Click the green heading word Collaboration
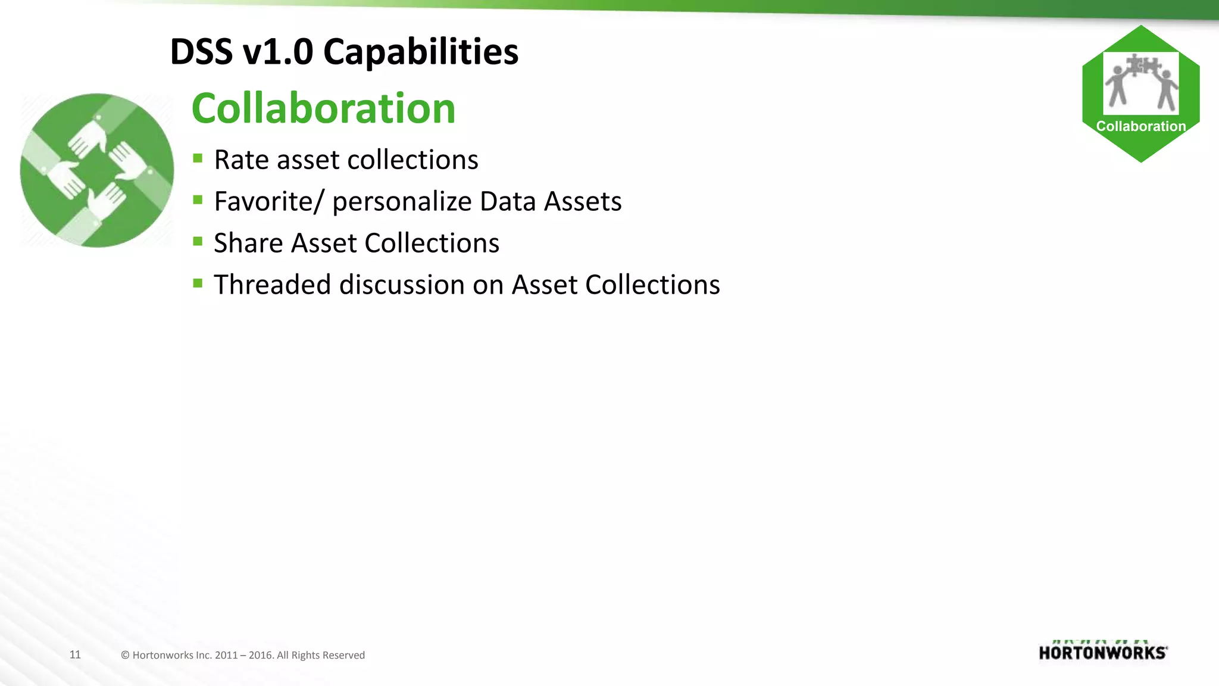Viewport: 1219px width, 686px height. pos(323,108)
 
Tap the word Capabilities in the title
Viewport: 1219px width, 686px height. pos(420,52)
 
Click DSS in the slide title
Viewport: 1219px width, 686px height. pos(201,52)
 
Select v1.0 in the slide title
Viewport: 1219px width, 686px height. pos(278,52)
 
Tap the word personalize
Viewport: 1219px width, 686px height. pos(402,201)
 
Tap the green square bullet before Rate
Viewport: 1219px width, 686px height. pos(198,158)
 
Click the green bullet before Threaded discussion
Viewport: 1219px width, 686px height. pos(198,283)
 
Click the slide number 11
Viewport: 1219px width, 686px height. pos(75,654)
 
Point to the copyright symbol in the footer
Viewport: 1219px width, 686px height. pos(125,655)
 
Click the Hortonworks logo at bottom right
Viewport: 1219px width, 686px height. pos(1103,651)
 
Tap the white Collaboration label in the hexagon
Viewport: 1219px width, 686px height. pos(1140,126)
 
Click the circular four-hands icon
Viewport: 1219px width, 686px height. pos(97,170)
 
